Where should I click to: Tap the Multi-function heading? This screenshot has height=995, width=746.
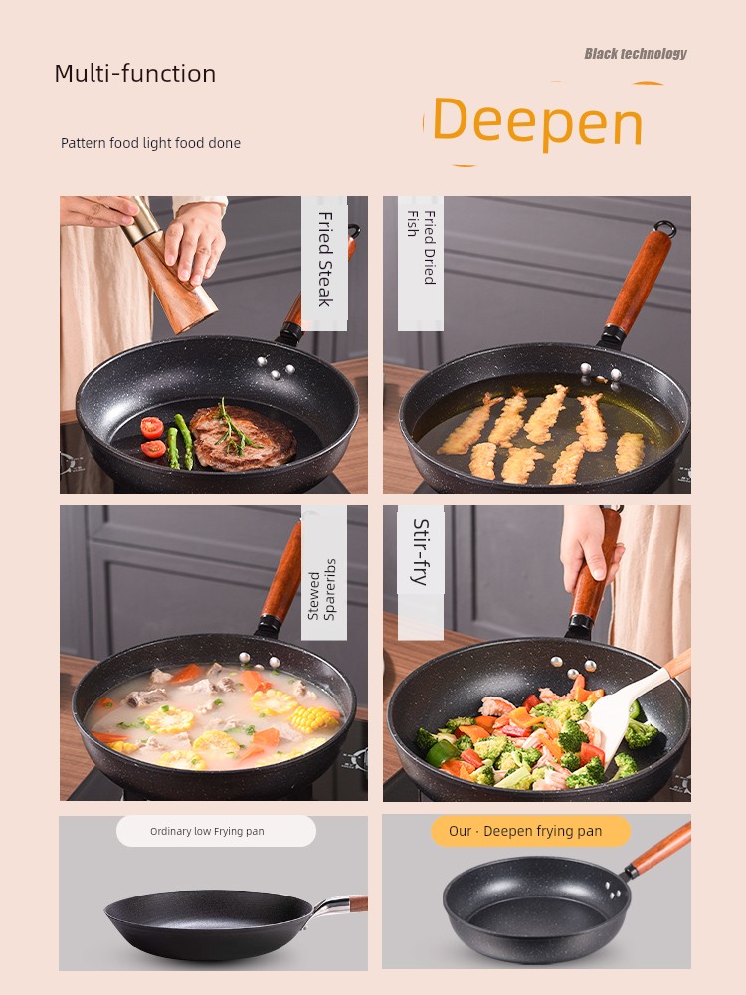pyautogui.click(x=135, y=73)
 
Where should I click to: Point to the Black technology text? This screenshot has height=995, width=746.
pyautogui.click(x=636, y=54)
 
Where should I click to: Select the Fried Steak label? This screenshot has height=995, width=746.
pyautogui.click(x=324, y=260)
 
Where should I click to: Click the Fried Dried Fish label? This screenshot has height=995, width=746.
pyautogui.click(x=421, y=246)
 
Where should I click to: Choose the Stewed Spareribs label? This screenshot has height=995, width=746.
pyautogui.click(x=321, y=589)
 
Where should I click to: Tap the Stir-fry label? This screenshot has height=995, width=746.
pyautogui.click(x=421, y=552)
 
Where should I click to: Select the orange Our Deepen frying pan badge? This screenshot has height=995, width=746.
pyautogui.click(x=530, y=831)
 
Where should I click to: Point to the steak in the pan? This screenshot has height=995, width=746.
pyautogui.click(x=243, y=437)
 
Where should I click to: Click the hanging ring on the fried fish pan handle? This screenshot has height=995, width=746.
pyautogui.click(x=665, y=229)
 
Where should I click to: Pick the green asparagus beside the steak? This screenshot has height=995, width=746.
pyautogui.click(x=179, y=442)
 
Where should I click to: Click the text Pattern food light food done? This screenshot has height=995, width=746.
pyautogui.click(x=150, y=143)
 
